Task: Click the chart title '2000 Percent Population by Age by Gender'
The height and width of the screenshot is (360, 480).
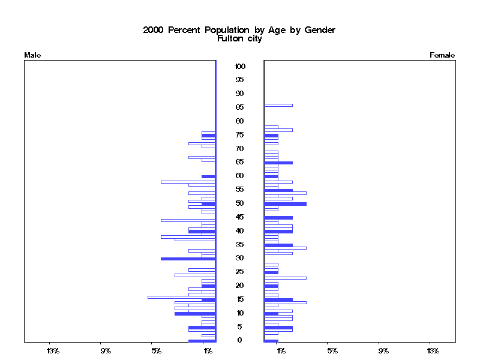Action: [x=239, y=30]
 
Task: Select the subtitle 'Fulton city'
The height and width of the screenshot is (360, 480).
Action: [x=239, y=38]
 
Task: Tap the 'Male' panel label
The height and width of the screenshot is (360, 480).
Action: [x=32, y=55]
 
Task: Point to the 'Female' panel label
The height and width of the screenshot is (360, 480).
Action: [x=442, y=55]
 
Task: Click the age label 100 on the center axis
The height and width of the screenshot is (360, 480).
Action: [x=239, y=66]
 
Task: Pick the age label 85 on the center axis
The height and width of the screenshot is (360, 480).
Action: [x=239, y=107]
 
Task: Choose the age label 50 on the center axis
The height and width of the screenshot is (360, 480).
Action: [x=239, y=203]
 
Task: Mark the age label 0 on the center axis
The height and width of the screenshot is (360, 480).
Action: [x=239, y=340]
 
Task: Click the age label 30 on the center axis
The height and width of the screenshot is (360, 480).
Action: [x=239, y=258]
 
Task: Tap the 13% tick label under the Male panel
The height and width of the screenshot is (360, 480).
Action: [x=53, y=350]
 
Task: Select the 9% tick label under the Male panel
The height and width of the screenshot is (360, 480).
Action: [x=106, y=350]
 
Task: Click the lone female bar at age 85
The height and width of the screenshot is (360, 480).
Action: [x=278, y=105]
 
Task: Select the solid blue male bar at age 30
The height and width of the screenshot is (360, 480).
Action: [x=188, y=259]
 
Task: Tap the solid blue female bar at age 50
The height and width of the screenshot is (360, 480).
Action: [x=285, y=204]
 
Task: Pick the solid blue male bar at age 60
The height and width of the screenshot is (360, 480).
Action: [x=208, y=176]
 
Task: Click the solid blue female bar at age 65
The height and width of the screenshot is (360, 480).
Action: [x=278, y=163]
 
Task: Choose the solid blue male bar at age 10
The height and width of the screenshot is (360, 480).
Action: [x=195, y=313]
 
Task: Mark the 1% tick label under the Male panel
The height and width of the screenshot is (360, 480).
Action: [x=208, y=350]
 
